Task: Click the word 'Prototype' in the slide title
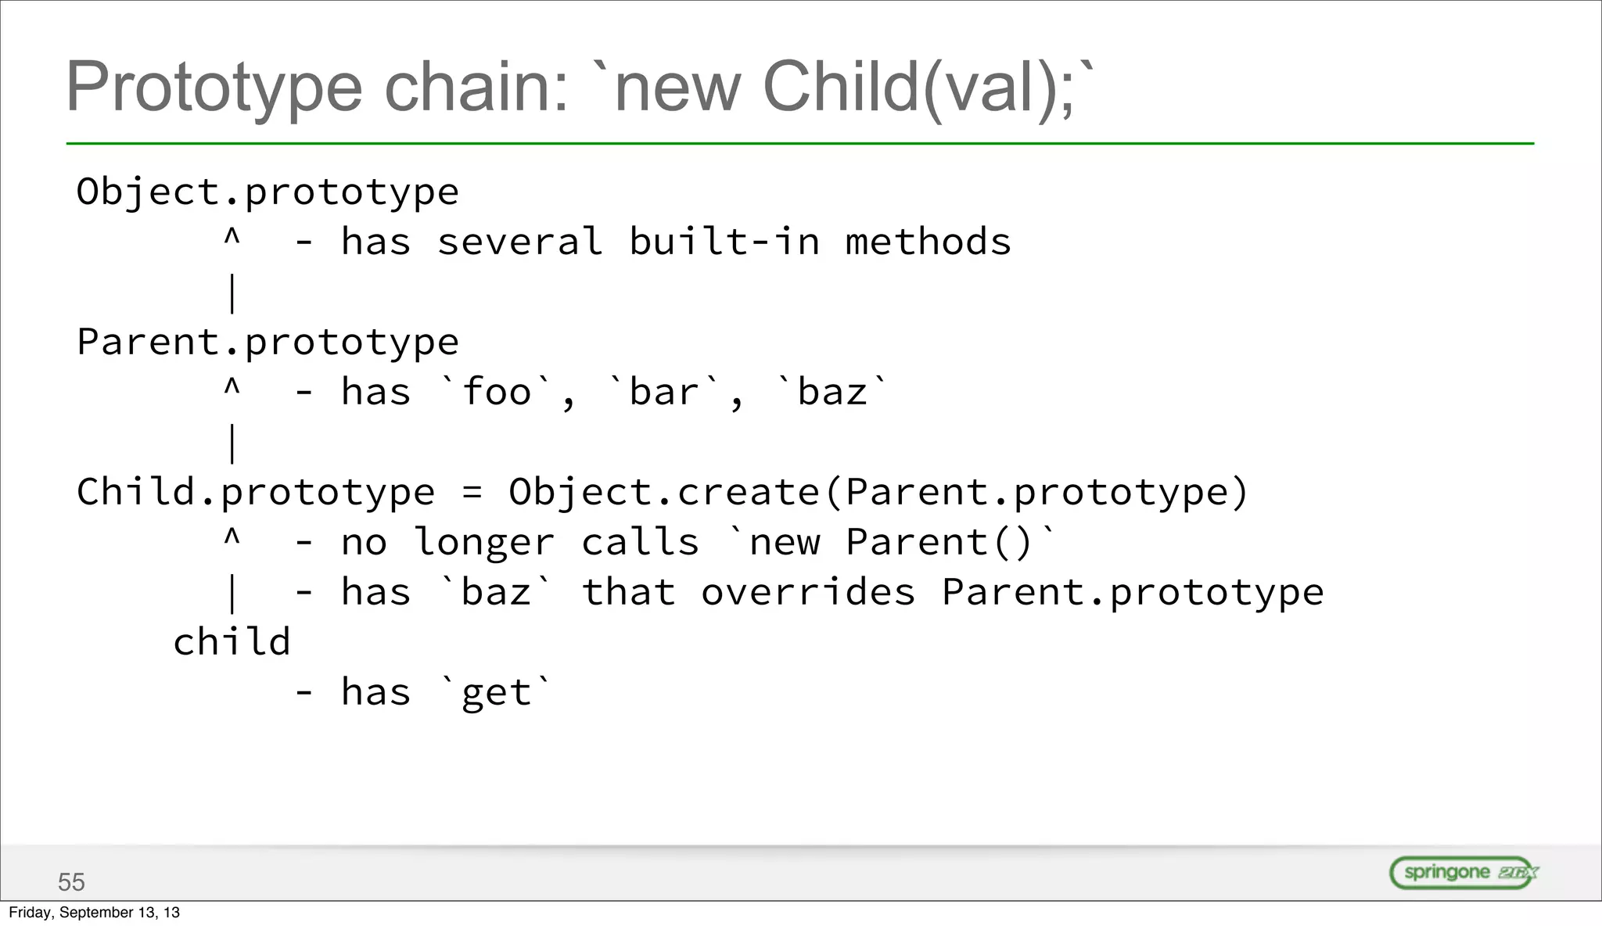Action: [x=214, y=88]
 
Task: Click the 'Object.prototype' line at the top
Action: [x=268, y=192]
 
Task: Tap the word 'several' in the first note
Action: [x=519, y=242]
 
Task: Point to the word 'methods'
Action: [x=928, y=242]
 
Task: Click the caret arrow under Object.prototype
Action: [x=232, y=237]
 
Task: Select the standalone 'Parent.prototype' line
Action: [x=268, y=343]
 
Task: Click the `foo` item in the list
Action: [x=497, y=392]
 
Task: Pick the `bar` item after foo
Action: [x=665, y=392]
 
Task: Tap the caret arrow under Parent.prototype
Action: [x=232, y=387]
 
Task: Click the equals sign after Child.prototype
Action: [x=472, y=493]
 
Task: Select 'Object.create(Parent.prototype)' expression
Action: [x=878, y=493]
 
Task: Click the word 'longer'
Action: [x=484, y=543]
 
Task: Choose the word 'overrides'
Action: [x=808, y=593]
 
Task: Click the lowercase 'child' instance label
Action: [x=232, y=642]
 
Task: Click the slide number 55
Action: [x=71, y=882]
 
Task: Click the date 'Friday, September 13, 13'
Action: [x=94, y=913]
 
